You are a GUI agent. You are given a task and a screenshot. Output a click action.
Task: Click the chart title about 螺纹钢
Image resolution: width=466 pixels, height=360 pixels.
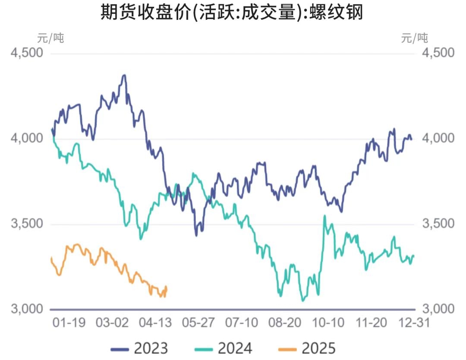tap(232, 13)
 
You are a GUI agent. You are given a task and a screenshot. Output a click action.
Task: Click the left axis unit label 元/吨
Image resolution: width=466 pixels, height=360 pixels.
tap(50, 38)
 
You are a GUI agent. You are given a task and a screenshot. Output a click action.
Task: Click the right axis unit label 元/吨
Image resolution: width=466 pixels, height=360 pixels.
tap(415, 38)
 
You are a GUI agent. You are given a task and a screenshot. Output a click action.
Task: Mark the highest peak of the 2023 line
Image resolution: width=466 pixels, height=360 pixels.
tap(124, 75)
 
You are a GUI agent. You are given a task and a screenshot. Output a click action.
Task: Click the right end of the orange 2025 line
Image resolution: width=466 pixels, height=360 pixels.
tap(166, 287)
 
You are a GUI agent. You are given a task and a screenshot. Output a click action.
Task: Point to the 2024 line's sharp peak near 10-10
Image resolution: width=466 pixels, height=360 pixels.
tap(325, 216)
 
